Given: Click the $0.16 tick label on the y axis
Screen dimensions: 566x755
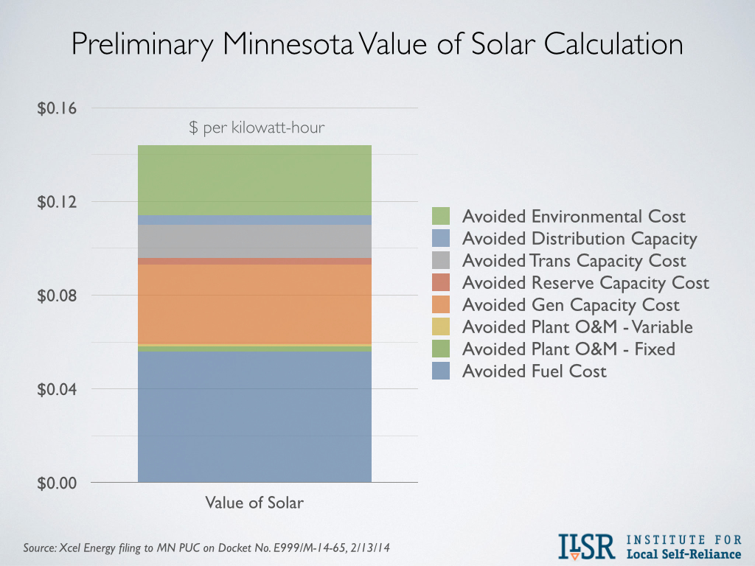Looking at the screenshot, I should [x=57, y=109].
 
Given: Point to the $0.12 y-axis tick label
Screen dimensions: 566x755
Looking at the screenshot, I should [x=57, y=202].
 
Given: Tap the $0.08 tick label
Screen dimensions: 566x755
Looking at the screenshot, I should [x=57, y=296].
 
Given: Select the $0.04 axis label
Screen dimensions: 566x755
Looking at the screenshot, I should [x=57, y=389].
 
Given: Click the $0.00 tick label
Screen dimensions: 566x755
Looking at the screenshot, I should [x=57, y=483].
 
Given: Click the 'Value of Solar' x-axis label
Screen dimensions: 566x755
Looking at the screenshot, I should [x=254, y=503].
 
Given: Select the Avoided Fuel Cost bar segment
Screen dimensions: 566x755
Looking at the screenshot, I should [x=254, y=416].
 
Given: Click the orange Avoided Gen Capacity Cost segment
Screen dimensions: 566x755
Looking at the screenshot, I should [x=254, y=304].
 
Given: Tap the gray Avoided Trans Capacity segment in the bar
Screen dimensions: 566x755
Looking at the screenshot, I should [x=254, y=241].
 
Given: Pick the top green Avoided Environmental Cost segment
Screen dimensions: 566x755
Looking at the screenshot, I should [x=254, y=180].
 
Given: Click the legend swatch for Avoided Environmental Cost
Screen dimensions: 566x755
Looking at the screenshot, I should [x=441, y=216].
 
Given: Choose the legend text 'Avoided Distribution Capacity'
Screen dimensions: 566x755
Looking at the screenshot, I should [x=579, y=238].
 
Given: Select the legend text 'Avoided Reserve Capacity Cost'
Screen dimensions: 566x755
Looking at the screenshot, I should [x=585, y=282].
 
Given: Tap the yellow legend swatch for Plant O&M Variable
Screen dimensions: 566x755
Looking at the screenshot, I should [x=441, y=326].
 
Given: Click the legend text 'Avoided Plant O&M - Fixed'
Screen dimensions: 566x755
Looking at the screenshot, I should [x=568, y=349].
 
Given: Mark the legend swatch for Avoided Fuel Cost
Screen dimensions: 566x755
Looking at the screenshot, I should [x=441, y=371].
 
